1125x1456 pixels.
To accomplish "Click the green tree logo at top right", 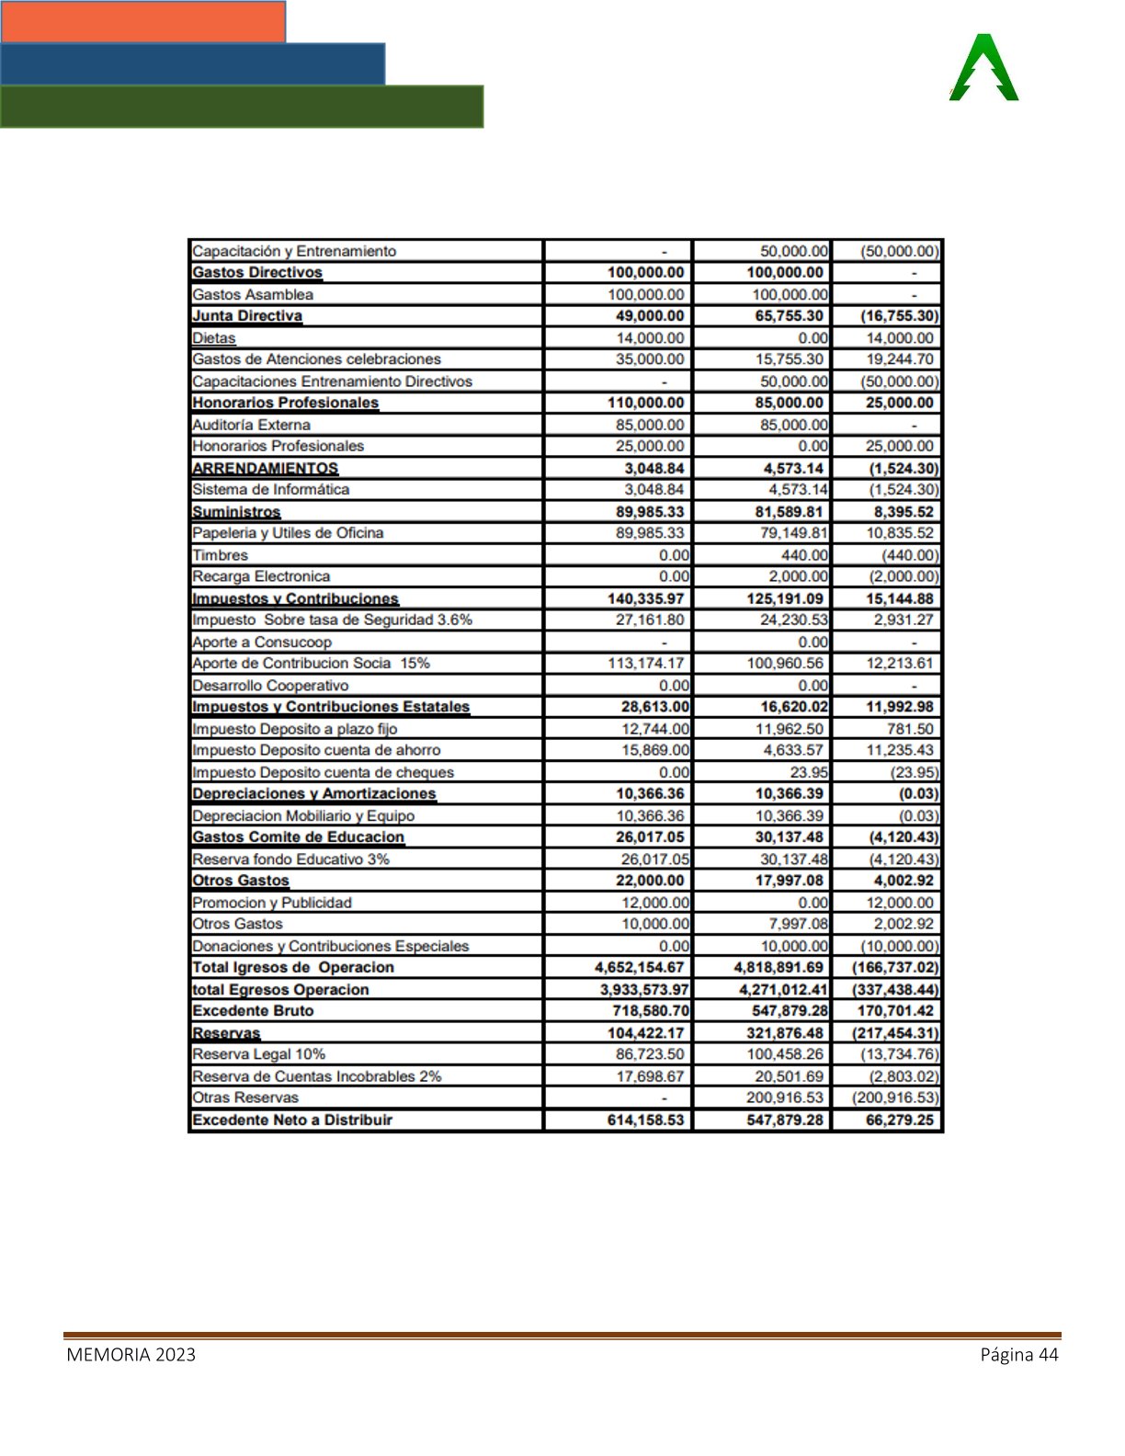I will coord(983,68).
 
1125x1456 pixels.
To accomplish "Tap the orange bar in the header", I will coord(142,21).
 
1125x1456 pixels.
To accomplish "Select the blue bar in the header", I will coord(192,63).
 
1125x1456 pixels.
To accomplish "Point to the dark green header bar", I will coord(241,107).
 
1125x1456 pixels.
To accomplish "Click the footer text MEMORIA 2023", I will coord(131,1354).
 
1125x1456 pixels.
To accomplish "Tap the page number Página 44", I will coord(1018,1354).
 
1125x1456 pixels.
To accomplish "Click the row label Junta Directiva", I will coord(247,316).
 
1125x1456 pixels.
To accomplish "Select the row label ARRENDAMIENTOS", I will coord(265,468).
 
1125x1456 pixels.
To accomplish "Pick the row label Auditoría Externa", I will coord(251,425).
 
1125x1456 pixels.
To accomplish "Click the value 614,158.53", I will coord(645,1120).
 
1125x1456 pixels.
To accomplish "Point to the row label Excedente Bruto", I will coord(253,1010).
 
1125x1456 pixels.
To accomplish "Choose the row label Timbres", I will coord(220,555).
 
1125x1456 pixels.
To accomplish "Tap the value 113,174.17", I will coord(645,663).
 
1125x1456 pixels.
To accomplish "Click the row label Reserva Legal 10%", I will coord(258,1054).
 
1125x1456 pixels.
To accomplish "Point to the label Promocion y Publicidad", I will coord(272,903).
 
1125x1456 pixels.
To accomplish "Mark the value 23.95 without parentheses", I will coord(808,772).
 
